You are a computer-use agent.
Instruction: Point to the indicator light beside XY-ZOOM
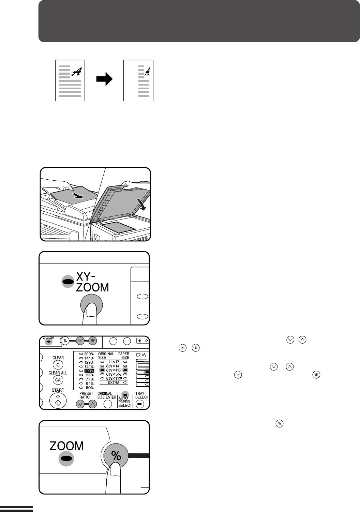(x=68, y=281)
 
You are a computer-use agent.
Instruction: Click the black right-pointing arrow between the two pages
(x=104, y=79)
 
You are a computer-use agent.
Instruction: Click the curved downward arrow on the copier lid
(x=141, y=204)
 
